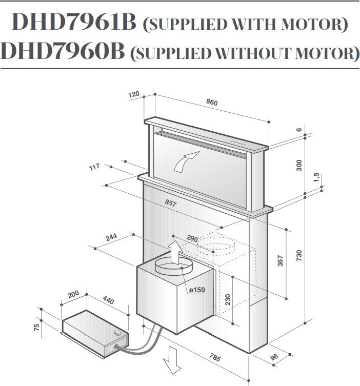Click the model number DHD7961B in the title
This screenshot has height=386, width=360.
tap(74, 22)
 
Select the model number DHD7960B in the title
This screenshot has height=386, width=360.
tap(63, 51)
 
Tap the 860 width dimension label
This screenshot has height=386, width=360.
tap(212, 102)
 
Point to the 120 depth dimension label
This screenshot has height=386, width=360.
tap(134, 94)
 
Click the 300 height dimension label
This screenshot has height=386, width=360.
tap(298, 166)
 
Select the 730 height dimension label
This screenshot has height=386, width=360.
tap(298, 255)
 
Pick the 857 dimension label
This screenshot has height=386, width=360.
tap(171, 203)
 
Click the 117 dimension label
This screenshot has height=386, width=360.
tap(94, 167)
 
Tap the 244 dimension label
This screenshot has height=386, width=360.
tap(111, 237)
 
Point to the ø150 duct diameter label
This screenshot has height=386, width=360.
tap(197, 290)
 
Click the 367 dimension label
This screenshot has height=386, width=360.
tap(280, 261)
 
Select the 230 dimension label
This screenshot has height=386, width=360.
tap(228, 299)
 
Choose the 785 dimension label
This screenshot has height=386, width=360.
tap(215, 357)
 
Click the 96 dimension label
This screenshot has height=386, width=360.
tap(274, 357)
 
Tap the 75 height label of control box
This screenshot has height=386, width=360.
tap(36, 327)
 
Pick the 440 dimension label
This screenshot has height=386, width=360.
tap(108, 300)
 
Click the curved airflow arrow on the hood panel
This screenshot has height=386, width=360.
tap(186, 161)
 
